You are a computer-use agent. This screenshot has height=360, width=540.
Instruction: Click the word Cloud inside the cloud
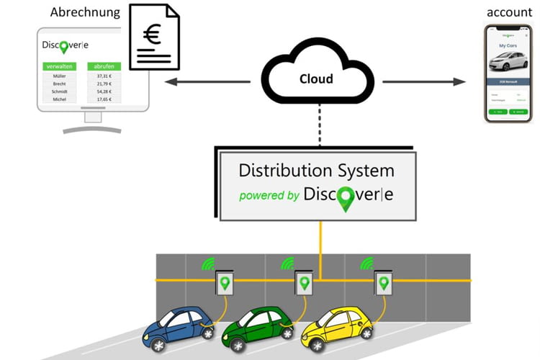[x=316, y=78]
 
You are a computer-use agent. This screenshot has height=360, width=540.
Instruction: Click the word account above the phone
[x=509, y=12]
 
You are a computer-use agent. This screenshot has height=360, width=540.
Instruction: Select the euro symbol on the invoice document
[x=152, y=35]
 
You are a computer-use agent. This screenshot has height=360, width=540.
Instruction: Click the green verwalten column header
[x=60, y=66]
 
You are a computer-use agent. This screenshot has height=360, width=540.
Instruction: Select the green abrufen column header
[x=104, y=66]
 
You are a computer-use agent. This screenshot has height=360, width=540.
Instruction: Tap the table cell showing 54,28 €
[x=104, y=91]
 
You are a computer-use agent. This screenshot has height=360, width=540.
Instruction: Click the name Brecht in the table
[x=60, y=84]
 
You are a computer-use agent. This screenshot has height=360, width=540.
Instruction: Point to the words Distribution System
[x=316, y=171]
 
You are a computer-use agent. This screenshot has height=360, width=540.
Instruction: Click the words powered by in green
[x=269, y=195]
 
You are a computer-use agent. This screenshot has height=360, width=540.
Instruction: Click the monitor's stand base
[x=92, y=130]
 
